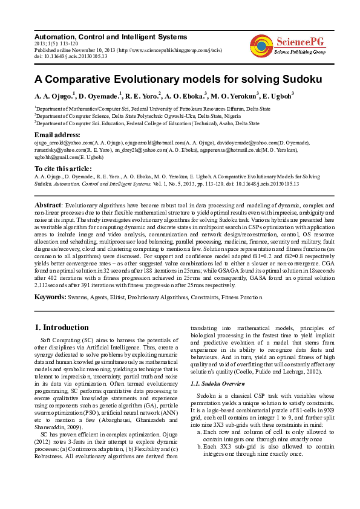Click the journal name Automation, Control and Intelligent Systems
[x=111, y=37]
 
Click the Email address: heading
[x=57, y=134]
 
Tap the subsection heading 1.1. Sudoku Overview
[x=217, y=384]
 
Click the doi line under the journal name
[x=71, y=56]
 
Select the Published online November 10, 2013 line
[x=115, y=50]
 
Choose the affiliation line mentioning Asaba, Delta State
[x=146, y=122]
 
